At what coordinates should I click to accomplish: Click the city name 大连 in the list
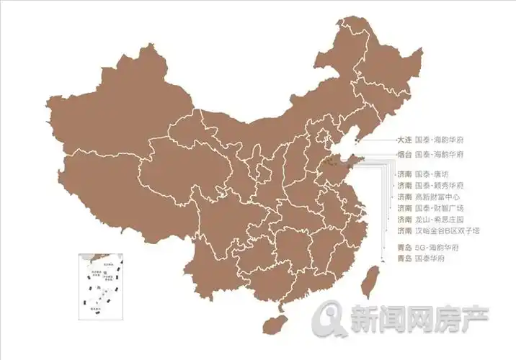pos(404,140)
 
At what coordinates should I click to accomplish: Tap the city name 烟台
pos(404,155)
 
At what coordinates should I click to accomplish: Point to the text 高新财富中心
pos(437,197)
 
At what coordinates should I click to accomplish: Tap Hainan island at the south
pos(272,323)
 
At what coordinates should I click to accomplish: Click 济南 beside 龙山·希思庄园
pos(404,219)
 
